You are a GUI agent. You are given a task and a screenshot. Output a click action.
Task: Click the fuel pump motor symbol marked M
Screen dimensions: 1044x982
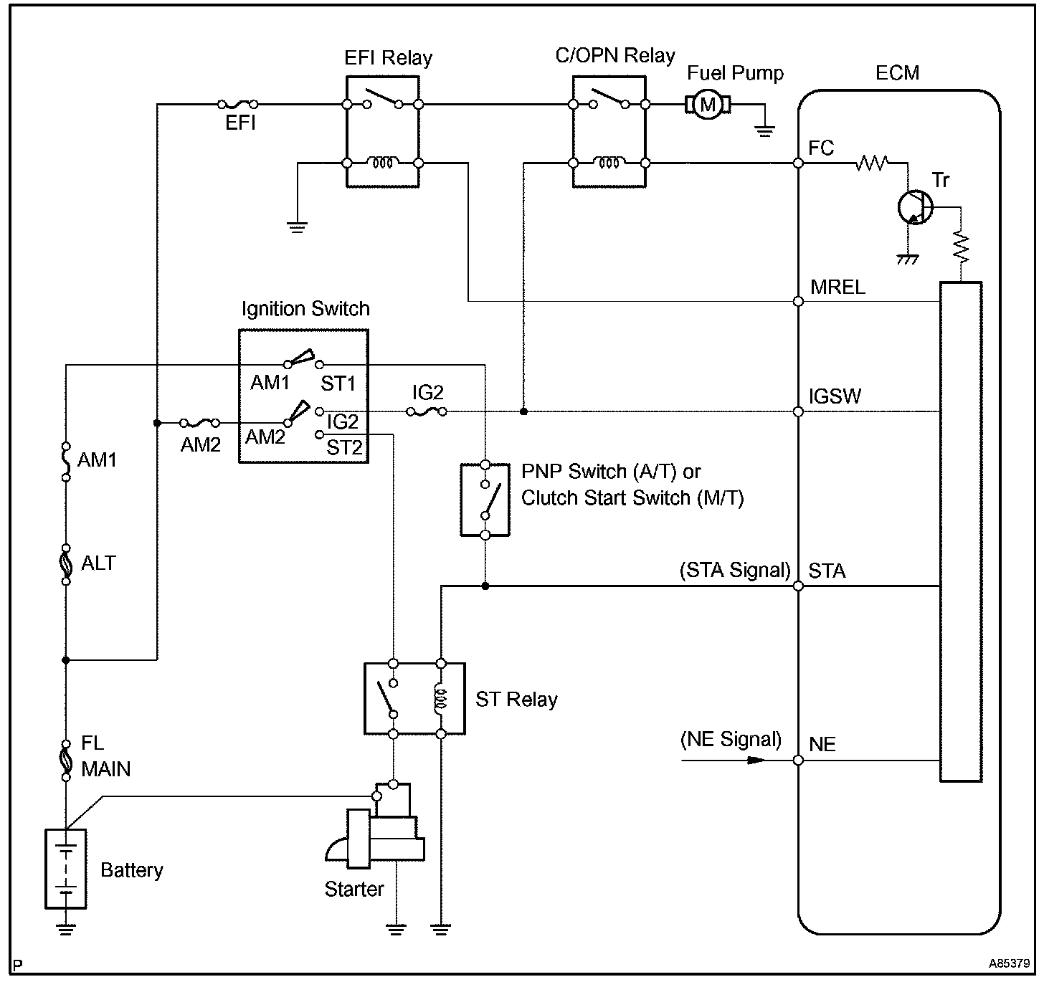(x=708, y=105)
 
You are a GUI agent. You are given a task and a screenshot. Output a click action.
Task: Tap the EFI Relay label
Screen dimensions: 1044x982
(x=388, y=58)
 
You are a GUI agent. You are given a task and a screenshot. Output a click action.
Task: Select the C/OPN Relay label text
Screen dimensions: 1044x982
(x=615, y=56)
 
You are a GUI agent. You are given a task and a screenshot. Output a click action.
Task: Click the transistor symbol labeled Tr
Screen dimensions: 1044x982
(x=915, y=208)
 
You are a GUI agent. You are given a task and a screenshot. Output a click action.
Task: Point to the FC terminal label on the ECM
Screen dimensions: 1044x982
(x=821, y=148)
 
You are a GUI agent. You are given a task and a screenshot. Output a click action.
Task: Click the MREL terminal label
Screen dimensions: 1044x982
(x=837, y=287)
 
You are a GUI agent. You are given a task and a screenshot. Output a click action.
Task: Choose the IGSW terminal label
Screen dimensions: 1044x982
(x=835, y=396)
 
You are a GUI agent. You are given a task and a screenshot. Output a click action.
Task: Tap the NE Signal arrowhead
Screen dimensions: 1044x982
(x=756, y=761)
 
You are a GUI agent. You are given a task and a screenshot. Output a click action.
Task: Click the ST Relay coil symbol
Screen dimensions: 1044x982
(x=440, y=699)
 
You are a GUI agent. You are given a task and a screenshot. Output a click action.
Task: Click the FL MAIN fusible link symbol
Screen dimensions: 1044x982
(x=66, y=760)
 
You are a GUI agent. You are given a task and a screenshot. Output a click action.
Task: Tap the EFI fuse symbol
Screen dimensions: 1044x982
(x=237, y=104)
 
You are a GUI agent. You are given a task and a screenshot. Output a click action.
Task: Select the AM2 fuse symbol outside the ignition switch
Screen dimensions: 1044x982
(x=200, y=423)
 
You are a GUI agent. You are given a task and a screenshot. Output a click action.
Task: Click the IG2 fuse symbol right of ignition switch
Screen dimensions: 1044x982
(x=427, y=412)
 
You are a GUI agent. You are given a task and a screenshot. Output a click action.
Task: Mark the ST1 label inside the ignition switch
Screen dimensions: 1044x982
(x=338, y=383)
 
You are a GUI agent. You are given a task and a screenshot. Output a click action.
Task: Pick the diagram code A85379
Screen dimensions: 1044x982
(x=1009, y=963)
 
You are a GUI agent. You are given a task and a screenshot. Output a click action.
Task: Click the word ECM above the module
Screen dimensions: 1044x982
(x=897, y=73)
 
